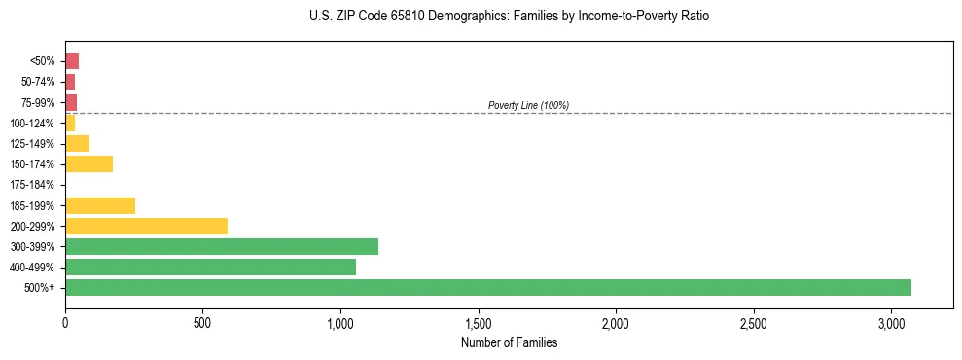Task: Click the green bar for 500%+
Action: (x=487, y=288)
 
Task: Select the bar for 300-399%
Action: (x=222, y=247)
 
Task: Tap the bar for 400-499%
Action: (x=210, y=268)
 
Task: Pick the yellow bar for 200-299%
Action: (x=146, y=227)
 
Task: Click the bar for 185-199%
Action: (x=100, y=205)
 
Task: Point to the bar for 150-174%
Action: (x=89, y=164)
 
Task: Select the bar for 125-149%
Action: (x=77, y=144)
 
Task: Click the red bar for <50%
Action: (x=72, y=61)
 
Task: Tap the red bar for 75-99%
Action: (x=71, y=102)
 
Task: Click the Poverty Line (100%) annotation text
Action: (x=528, y=105)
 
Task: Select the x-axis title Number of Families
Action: (x=509, y=342)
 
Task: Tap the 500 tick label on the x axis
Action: (x=202, y=322)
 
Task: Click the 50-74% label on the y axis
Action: (x=39, y=82)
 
